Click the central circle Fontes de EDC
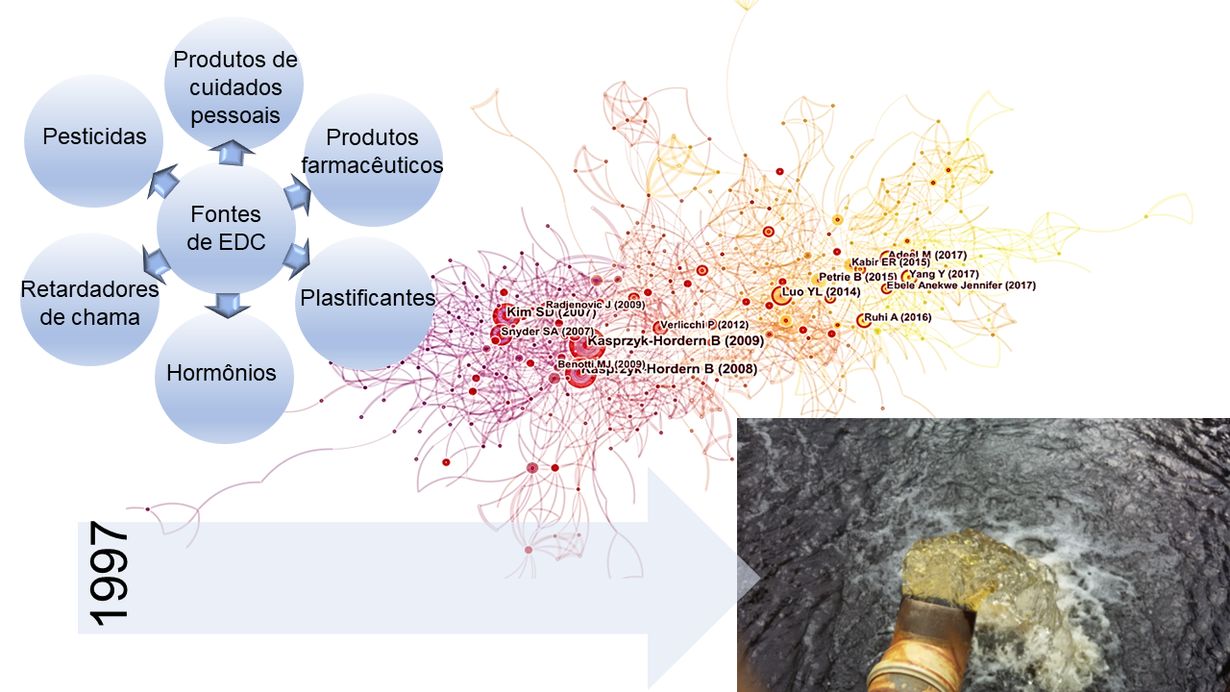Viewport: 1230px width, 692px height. point(227,229)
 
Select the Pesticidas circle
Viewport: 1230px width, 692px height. point(94,137)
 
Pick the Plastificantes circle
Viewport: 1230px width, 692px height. point(367,298)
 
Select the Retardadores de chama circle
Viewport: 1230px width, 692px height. point(89,302)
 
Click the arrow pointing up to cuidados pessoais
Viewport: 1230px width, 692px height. point(232,150)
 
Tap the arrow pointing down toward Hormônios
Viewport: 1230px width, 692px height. point(227,307)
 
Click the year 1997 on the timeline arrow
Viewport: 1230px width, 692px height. point(108,574)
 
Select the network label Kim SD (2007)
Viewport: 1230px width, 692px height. point(551,312)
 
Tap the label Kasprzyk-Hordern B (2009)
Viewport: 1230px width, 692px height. point(675,340)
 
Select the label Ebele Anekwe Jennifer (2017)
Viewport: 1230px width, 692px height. point(960,285)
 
